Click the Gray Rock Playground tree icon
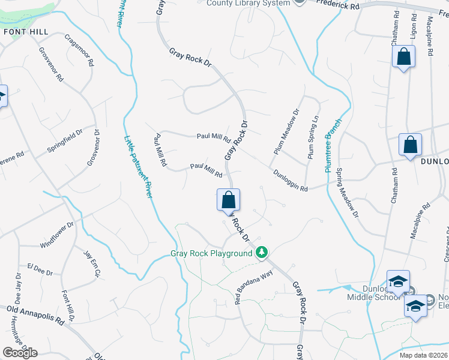point(261,253)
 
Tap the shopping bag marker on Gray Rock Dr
point(229,200)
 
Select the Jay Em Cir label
point(91,265)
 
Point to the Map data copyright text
point(423,355)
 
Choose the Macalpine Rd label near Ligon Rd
point(429,35)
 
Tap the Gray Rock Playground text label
point(211,253)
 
